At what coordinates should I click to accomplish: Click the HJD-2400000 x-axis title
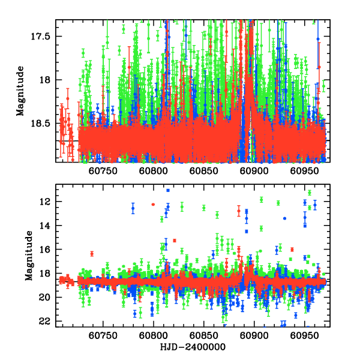[191, 347]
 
